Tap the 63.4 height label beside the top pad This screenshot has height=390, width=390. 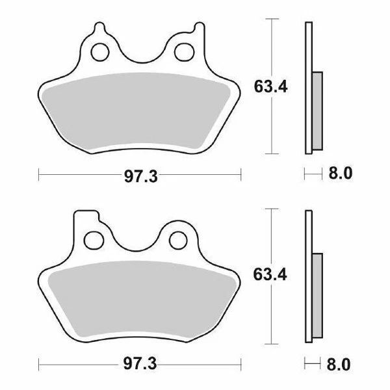click(x=268, y=86)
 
